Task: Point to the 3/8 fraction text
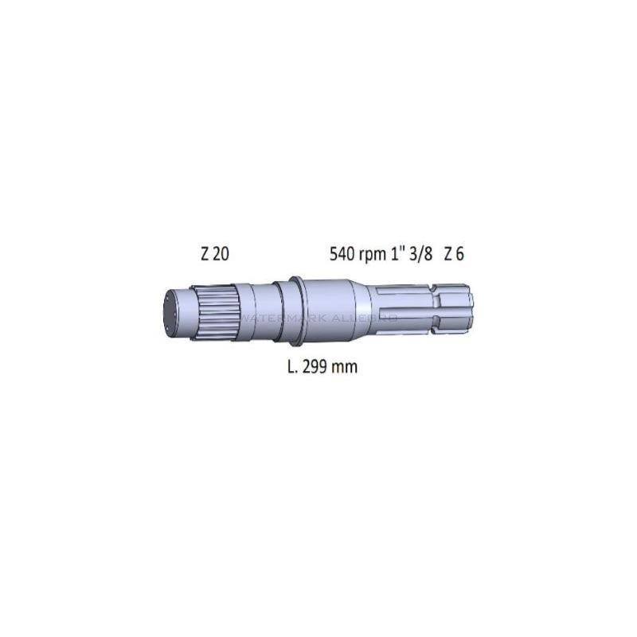click(420, 255)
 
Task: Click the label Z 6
click(454, 255)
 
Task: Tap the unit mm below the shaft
click(346, 368)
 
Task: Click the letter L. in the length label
click(292, 367)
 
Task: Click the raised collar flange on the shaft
click(295, 311)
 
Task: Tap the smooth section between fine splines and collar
click(255, 312)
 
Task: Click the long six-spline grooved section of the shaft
click(402, 310)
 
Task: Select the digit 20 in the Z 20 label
click(221, 255)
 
